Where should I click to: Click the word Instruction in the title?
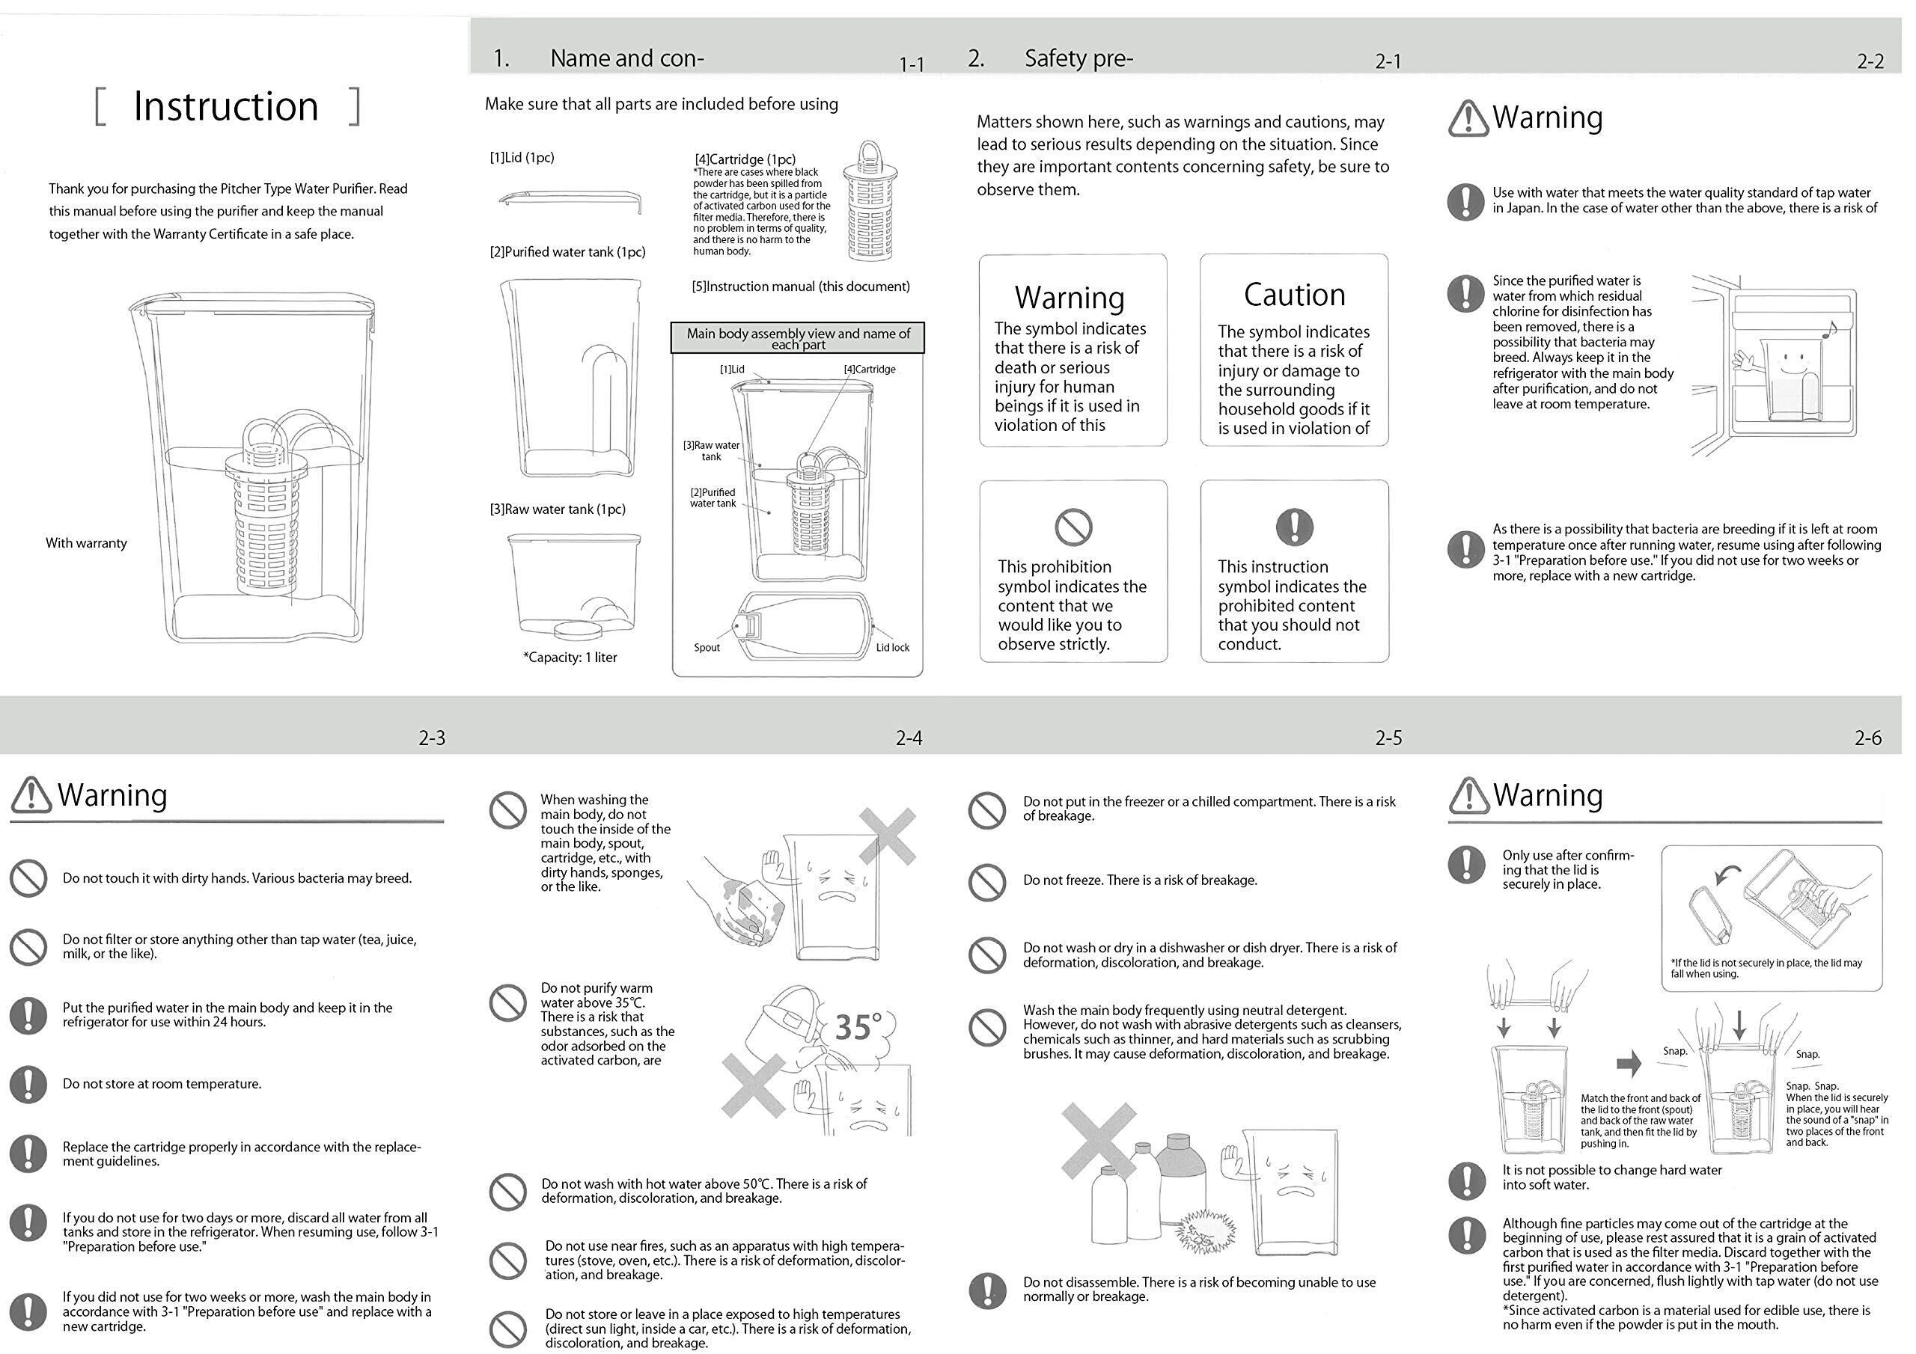click(225, 107)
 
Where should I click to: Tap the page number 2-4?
click(908, 738)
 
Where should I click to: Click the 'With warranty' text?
click(86, 543)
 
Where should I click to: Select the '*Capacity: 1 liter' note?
click(570, 658)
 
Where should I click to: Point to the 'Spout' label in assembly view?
click(706, 647)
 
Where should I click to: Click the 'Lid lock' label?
click(892, 647)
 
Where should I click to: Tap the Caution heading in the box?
click(1293, 295)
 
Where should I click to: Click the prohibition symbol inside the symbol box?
click(1073, 527)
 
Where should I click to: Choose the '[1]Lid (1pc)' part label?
click(522, 158)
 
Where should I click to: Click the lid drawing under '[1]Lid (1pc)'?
click(571, 200)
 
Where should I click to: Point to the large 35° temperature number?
click(856, 1026)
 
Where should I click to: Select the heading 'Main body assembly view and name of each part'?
click(798, 339)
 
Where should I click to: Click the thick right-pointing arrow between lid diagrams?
click(1628, 1063)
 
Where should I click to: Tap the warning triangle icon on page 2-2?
click(1468, 118)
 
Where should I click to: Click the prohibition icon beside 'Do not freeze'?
click(986, 881)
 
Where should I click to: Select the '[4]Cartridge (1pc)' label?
click(745, 159)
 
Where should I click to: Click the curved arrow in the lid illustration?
click(1729, 874)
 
